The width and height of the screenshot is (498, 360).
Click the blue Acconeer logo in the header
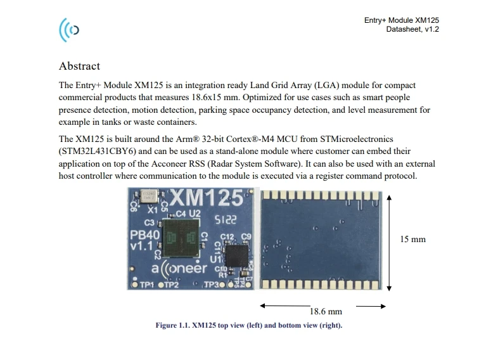click(68, 30)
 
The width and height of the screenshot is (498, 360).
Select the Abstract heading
click(79, 66)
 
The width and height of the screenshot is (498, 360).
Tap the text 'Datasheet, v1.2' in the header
click(412, 29)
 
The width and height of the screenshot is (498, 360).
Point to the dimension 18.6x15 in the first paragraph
click(206, 97)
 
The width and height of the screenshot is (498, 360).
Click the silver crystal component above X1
click(149, 196)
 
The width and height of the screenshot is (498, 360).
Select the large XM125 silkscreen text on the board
click(207, 198)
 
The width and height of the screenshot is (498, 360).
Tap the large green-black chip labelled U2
click(181, 238)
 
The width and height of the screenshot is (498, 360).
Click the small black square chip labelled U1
click(236, 255)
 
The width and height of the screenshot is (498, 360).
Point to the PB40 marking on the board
click(145, 235)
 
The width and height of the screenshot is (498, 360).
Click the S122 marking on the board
click(226, 219)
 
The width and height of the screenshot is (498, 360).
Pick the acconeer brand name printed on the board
click(179, 269)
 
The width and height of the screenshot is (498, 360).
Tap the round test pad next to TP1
click(135, 285)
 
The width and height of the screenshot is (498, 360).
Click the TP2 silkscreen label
click(172, 285)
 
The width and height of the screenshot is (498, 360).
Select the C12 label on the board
click(227, 237)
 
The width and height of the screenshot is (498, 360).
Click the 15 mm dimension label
click(412, 239)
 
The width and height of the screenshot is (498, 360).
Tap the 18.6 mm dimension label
click(326, 311)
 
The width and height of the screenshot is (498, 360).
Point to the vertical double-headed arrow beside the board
click(389, 243)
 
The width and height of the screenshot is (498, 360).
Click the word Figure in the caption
click(166, 325)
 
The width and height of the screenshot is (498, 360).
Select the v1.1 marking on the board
click(141, 246)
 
